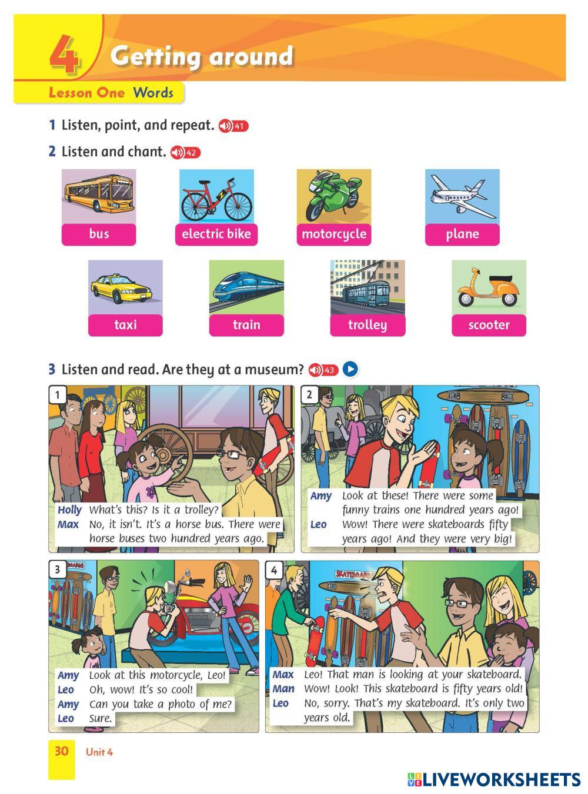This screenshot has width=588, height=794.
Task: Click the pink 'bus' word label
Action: pyautogui.click(x=99, y=234)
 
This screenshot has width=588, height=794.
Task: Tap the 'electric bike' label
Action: pyautogui.click(x=216, y=234)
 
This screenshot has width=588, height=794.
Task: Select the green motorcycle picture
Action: pyautogui.click(x=333, y=196)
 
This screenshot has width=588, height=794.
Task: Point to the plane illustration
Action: pyautogui.click(x=462, y=196)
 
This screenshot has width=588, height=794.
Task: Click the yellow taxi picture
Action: pyautogui.click(x=125, y=287)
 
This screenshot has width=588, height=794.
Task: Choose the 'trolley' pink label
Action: pyautogui.click(x=367, y=326)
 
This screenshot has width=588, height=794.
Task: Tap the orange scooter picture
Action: pyautogui.click(x=489, y=287)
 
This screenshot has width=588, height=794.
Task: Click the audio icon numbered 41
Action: pyautogui.click(x=233, y=126)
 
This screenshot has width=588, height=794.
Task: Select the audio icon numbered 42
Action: pyautogui.click(x=185, y=152)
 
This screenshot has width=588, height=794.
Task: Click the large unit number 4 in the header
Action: pyautogui.click(x=64, y=54)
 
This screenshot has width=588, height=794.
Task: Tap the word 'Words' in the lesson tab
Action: pyautogui.click(x=153, y=93)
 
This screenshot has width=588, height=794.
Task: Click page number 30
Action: pyautogui.click(x=62, y=751)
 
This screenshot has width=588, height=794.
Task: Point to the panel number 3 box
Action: pyautogui.click(x=58, y=569)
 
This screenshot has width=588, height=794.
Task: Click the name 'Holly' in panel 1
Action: pyautogui.click(x=70, y=510)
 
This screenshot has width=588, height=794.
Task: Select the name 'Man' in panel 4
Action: pyautogui.click(x=283, y=689)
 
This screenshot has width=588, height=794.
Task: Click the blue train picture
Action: pyautogui.click(x=246, y=287)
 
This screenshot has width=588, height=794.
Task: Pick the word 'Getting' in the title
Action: pyautogui.click(x=155, y=56)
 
